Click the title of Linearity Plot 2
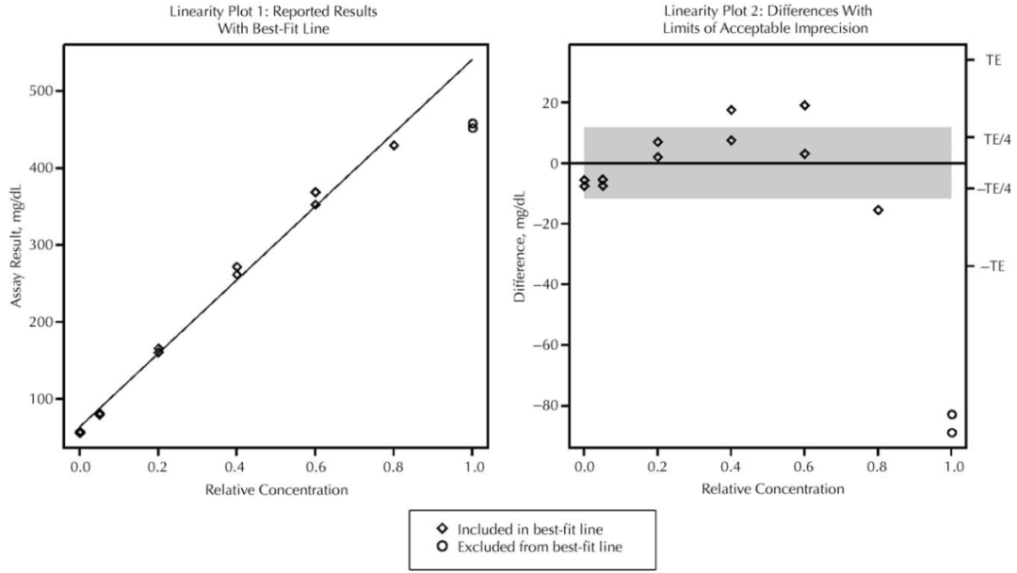(768, 19)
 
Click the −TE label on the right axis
(992, 266)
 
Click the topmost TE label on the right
(993, 59)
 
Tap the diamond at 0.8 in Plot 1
(394, 145)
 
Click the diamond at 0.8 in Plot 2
(879, 210)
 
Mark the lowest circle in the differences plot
(952, 433)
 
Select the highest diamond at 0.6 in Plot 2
(805, 105)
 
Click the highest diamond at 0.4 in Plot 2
(731, 110)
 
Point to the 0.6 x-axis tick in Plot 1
(315, 464)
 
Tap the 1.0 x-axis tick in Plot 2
(952, 464)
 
